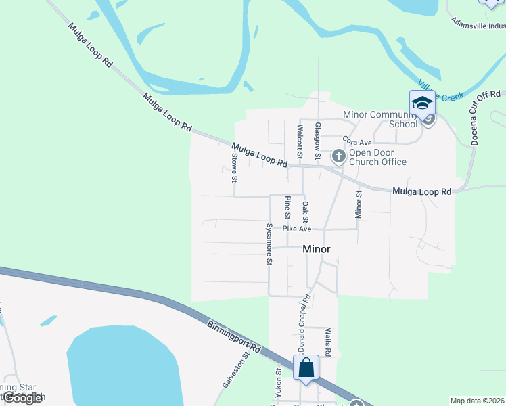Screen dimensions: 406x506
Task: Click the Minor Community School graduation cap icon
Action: click(x=421, y=103)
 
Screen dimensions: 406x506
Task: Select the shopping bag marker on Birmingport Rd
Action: click(x=306, y=368)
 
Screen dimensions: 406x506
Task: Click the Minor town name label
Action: click(x=317, y=249)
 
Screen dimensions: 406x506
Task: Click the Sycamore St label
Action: click(x=269, y=243)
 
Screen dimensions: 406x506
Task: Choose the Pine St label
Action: click(x=287, y=207)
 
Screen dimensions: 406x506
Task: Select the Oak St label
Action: click(x=305, y=212)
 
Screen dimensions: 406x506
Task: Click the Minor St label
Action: click(x=359, y=204)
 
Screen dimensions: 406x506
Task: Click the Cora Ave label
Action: click(x=357, y=143)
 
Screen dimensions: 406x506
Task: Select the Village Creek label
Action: click(x=440, y=93)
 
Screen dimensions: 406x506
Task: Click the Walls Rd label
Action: click(x=327, y=342)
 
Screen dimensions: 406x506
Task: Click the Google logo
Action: click(x=22, y=399)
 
